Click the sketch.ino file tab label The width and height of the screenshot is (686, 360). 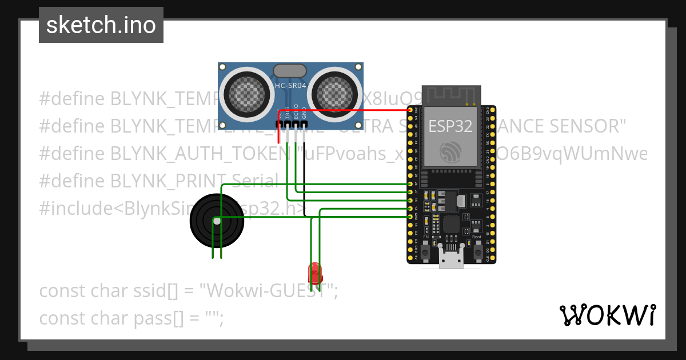click(x=101, y=25)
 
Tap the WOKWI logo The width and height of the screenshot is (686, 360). click(x=607, y=315)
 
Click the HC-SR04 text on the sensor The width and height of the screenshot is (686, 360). click(x=290, y=85)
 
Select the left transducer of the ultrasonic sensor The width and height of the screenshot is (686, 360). click(x=246, y=91)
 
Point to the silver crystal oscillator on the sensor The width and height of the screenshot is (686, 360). click(x=290, y=70)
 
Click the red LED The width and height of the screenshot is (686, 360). click(x=315, y=271)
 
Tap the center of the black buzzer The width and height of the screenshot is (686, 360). click(x=217, y=221)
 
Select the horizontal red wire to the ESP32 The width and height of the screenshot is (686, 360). click(x=354, y=110)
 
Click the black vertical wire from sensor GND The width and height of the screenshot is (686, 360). click(x=304, y=171)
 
